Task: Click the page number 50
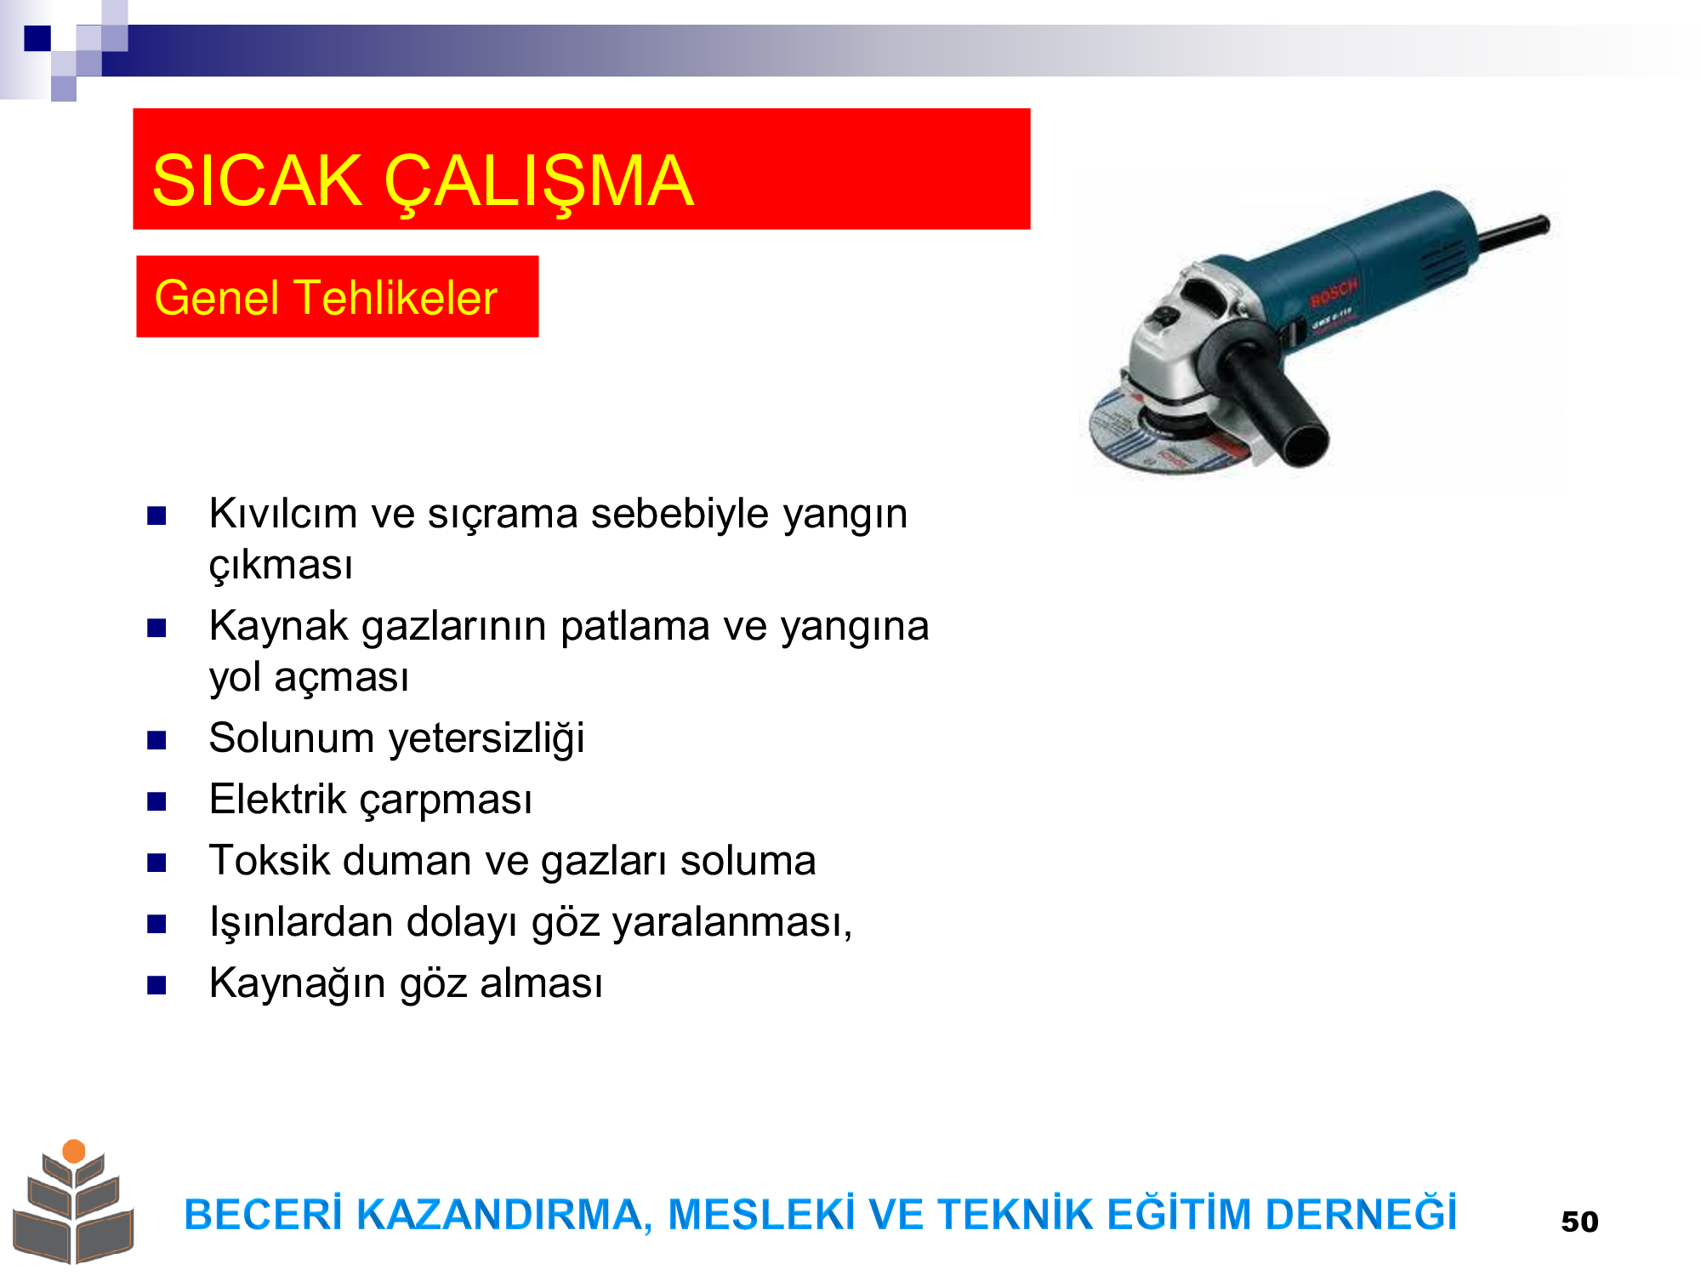coord(1579,1222)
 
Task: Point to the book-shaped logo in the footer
coord(74,1201)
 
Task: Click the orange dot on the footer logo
coord(74,1151)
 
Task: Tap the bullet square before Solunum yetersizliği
coord(156,740)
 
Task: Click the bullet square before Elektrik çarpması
coord(156,801)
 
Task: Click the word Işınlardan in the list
coord(301,923)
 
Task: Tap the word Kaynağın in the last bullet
coord(298,984)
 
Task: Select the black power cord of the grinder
coord(1515,233)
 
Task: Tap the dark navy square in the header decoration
coord(37,38)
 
